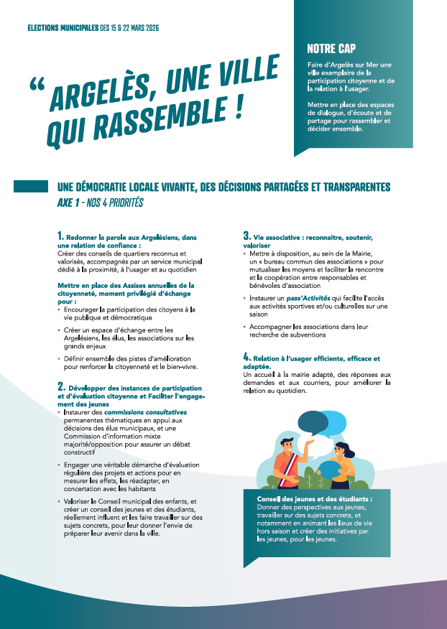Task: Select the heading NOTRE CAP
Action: [x=331, y=49]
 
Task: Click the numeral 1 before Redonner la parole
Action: [x=60, y=236]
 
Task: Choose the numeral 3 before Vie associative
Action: [x=246, y=236]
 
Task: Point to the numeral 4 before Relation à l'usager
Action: [x=246, y=357]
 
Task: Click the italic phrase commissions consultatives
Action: [x=146, y=412]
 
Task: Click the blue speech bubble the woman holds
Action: [x=329, y=467]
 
